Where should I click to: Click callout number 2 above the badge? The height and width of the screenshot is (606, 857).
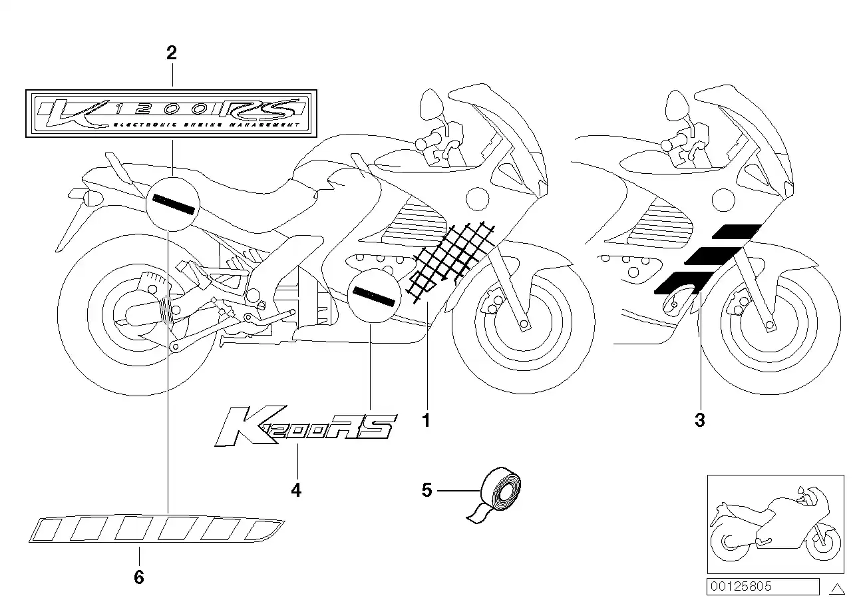coord(172,53)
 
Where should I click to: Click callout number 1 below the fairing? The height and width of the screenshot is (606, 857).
coord(427,420)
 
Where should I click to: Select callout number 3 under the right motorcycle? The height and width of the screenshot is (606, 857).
coord(699,420)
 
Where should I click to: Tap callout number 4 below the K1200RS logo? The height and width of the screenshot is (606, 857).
coord(296,491)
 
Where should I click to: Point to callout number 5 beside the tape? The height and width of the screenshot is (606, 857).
coord(427,491)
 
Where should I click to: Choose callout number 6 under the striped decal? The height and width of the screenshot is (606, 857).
coord(138,577)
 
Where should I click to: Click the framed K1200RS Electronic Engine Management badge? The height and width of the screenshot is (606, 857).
coord(172,113)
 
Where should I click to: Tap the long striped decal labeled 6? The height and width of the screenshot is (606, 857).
coord(156,529)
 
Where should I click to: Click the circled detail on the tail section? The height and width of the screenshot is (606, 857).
coord(173,202)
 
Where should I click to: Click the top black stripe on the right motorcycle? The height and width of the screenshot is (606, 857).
coord(737,231)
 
